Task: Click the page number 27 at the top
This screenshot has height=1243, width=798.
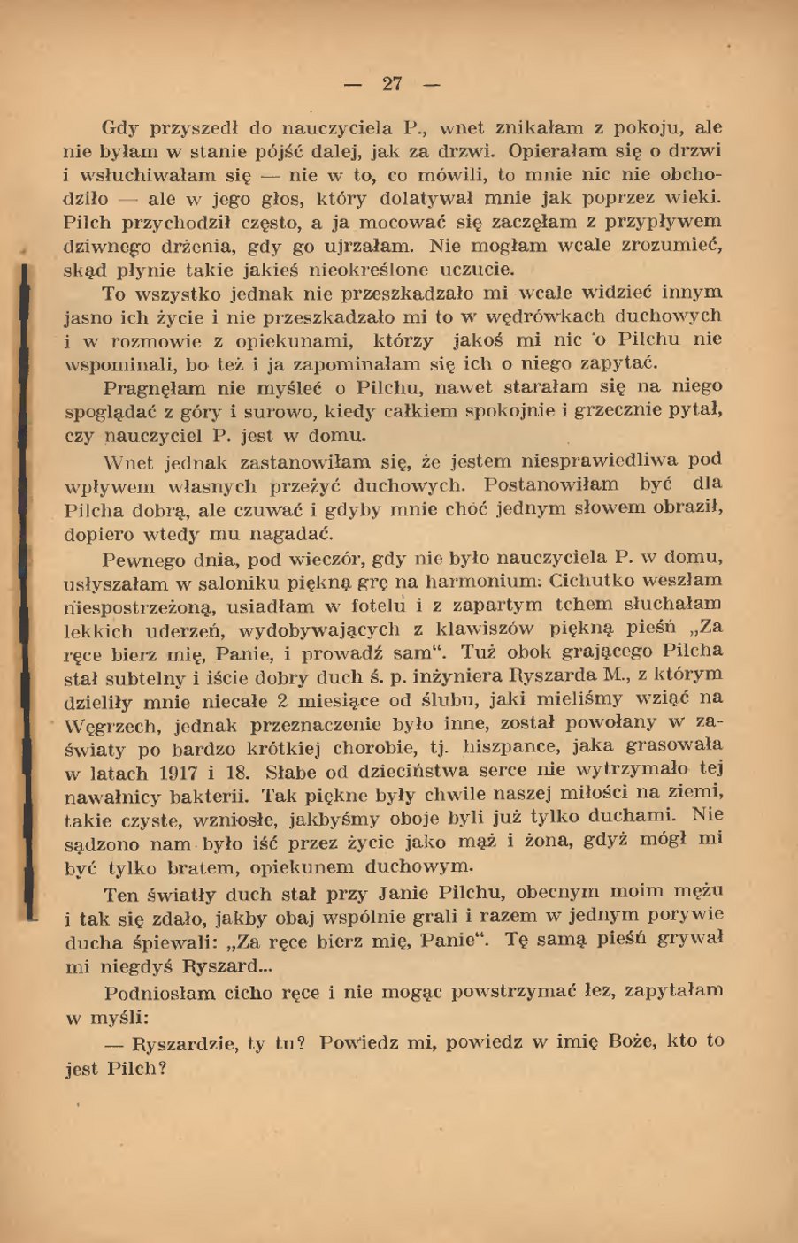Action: (x=392, y=84)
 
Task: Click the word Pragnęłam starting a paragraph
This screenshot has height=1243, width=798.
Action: (x=154, y=386)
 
